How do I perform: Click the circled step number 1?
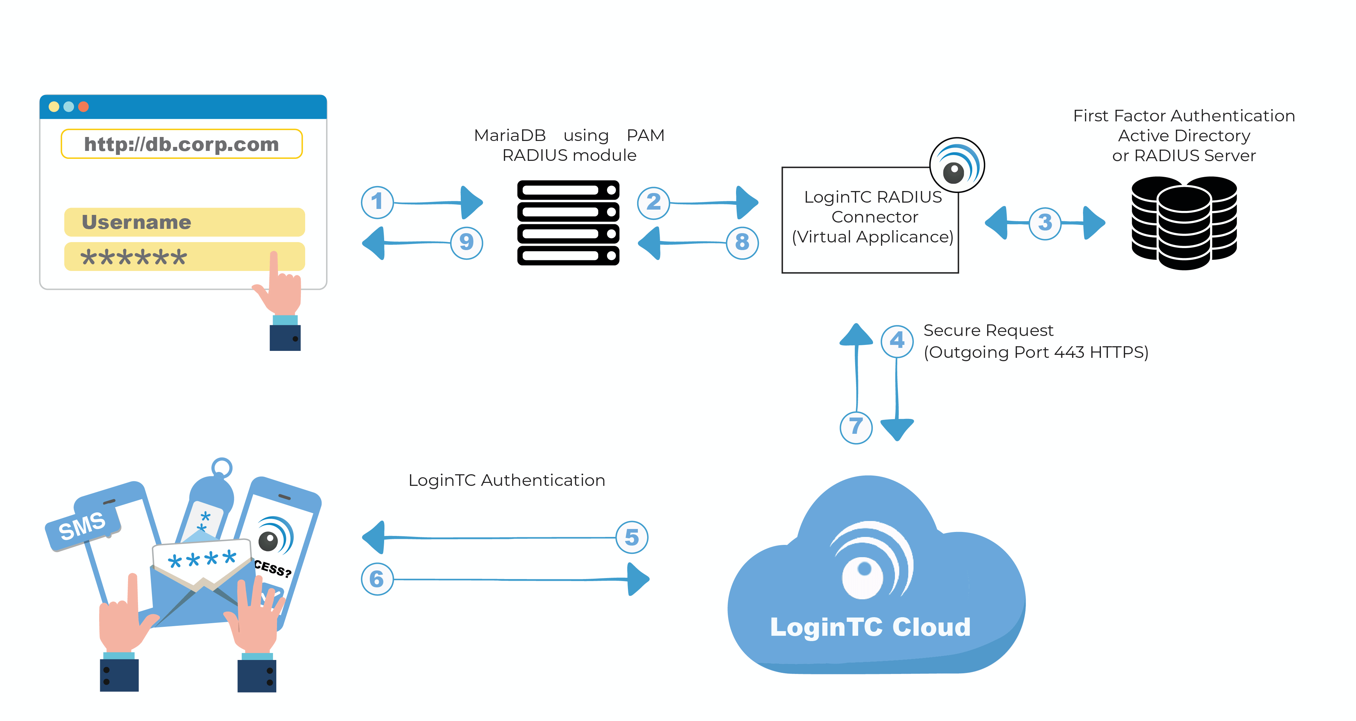click(377, 202)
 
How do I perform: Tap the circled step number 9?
click(466, 243)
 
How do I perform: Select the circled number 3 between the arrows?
click(1045, 223)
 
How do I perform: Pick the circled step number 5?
click(632, 537)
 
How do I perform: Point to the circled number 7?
click(856, 427)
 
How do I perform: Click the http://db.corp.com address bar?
click(182, 144)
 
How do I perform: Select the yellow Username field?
click(184, 222)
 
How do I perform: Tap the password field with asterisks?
click(184, 257)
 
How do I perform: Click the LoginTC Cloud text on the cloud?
click(870, 627)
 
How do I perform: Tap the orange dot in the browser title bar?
click(83, 107)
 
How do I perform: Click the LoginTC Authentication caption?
click(507, 480)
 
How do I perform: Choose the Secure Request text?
click(988, 331)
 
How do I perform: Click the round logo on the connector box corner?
click(957, 165)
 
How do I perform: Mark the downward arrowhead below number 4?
click(897, 429)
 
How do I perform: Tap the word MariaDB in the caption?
click(509, 135)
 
